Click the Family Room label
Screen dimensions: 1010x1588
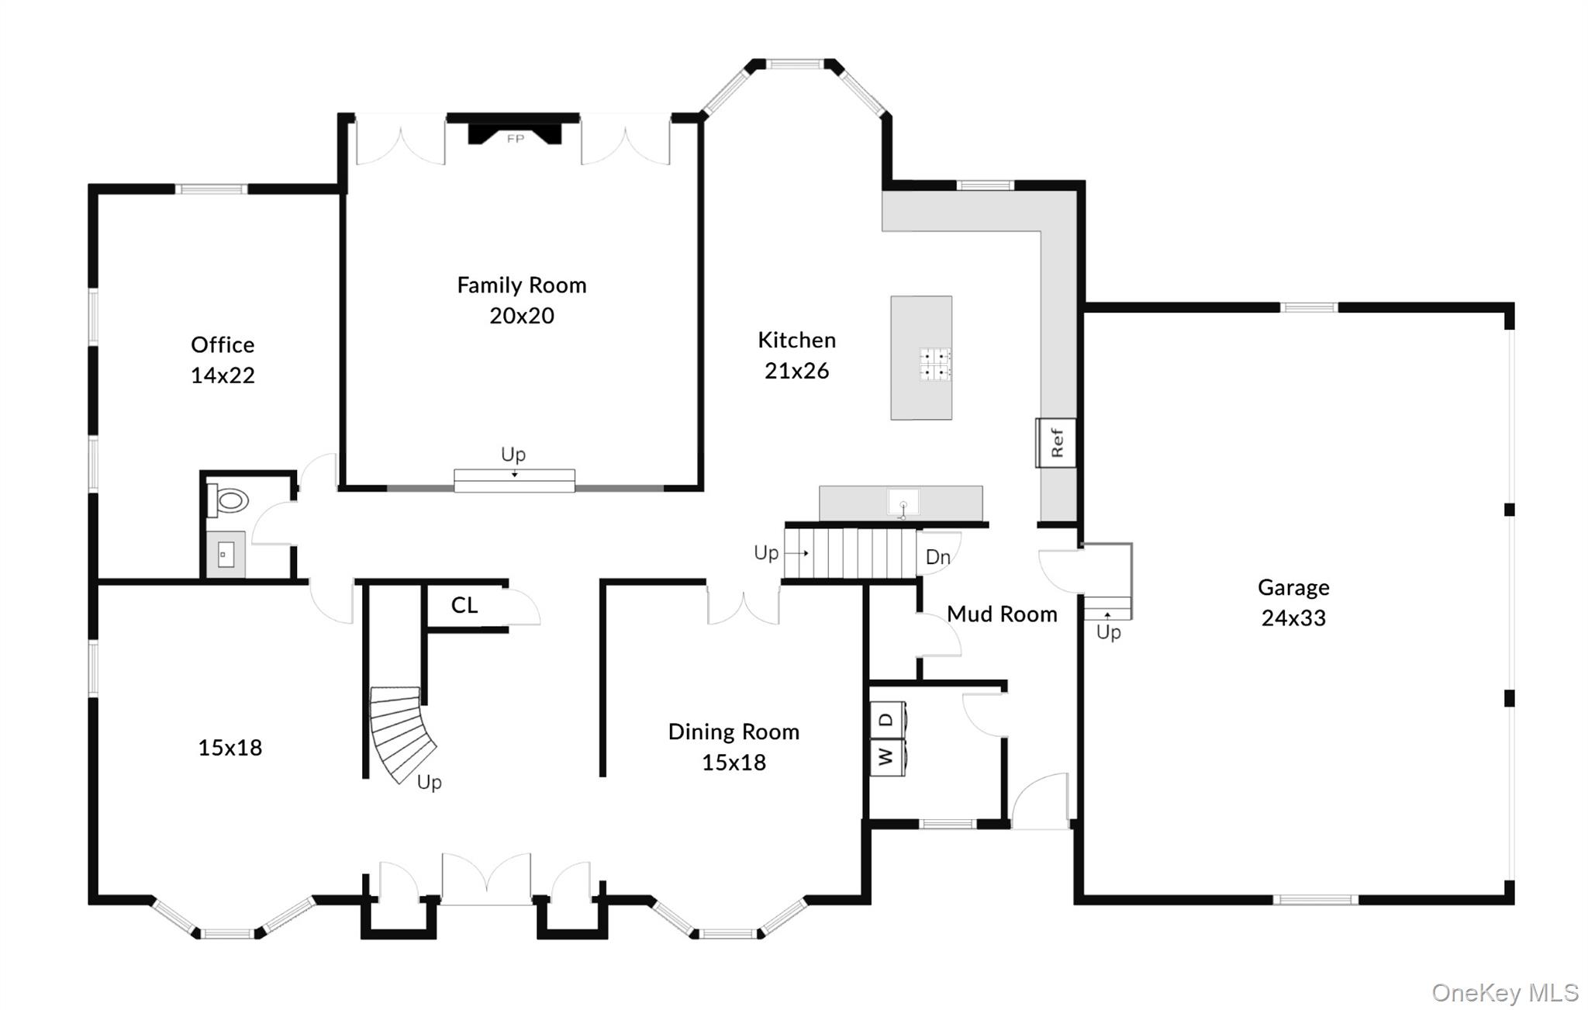pos(521,285)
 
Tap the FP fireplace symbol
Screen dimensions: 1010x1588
pos(515,137)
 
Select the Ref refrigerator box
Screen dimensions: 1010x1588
pos(1056,443)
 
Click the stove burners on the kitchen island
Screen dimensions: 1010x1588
pos(935,364)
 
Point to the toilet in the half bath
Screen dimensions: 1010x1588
pos(230,500)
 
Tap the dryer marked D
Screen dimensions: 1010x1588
pos(886,721)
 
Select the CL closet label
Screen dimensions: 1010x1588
pos(464,605)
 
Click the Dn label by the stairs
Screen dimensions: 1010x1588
pos(937,556)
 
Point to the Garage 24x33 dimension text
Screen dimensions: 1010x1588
pos(1293,618)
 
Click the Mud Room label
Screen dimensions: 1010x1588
pos(1002,614)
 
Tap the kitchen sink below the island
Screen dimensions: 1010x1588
pos(903,503)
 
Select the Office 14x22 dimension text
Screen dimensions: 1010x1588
pos(223,375)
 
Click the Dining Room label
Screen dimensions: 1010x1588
pos(733,732)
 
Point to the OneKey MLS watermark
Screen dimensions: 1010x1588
pos(1504,992)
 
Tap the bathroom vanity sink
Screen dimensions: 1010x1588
pos(226,555)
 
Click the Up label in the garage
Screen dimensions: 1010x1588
pos(1108,632)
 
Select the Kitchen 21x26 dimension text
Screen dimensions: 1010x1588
pos(796,371)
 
